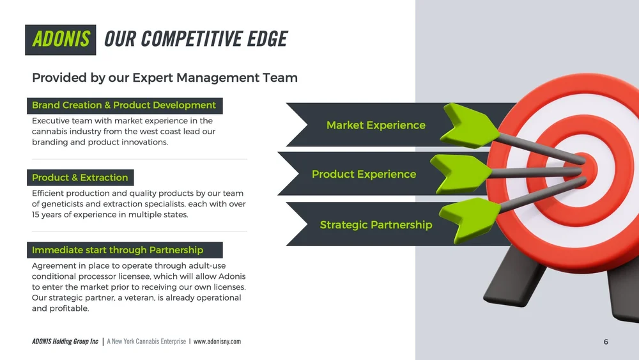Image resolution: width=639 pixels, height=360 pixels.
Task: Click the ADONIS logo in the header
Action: coord(61,39)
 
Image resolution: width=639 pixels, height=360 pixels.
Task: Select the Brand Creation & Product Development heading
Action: coord(124,105)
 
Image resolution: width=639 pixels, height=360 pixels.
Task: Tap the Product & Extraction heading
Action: coord(80,177)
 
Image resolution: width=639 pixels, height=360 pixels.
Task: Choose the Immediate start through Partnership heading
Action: coord(118,250)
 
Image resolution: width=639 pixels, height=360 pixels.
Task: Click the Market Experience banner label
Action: coord(376,125)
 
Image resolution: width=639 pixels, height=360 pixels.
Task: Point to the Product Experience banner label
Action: coord(364,174)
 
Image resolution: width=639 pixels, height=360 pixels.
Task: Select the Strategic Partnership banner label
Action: coord(376,224)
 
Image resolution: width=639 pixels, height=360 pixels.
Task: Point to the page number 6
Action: coord(606,342)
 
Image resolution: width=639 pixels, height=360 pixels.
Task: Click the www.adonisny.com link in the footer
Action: coord(217,341)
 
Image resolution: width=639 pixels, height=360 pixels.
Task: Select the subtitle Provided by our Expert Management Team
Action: coord(165,78)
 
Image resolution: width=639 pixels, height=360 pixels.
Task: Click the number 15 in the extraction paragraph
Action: coord(37,215)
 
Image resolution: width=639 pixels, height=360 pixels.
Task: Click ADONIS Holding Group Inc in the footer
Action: coord(65,341)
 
